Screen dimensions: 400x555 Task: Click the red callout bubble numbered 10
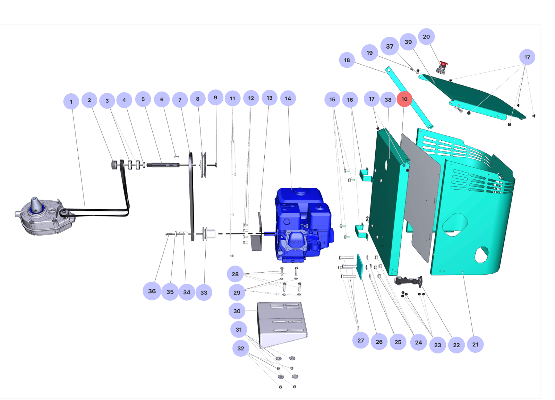[404, 99]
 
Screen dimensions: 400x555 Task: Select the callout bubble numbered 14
[288, 99]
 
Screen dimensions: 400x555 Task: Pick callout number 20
[426, 37]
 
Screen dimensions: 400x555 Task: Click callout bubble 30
[237, 311]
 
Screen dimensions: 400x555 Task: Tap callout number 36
[152, 291]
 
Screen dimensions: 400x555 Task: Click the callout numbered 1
[71, 102]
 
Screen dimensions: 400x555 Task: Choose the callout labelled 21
[475, 344]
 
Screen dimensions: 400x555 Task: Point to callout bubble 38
[388, 100]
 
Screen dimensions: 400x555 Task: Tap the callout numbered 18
[347, 60]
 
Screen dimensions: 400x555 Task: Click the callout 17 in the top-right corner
[527, 57]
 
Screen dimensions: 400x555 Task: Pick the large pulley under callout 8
[203, 165]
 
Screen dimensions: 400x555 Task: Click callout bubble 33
[204, 293]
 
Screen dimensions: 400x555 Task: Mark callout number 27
[361, 341]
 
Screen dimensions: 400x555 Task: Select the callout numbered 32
[241, 348]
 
